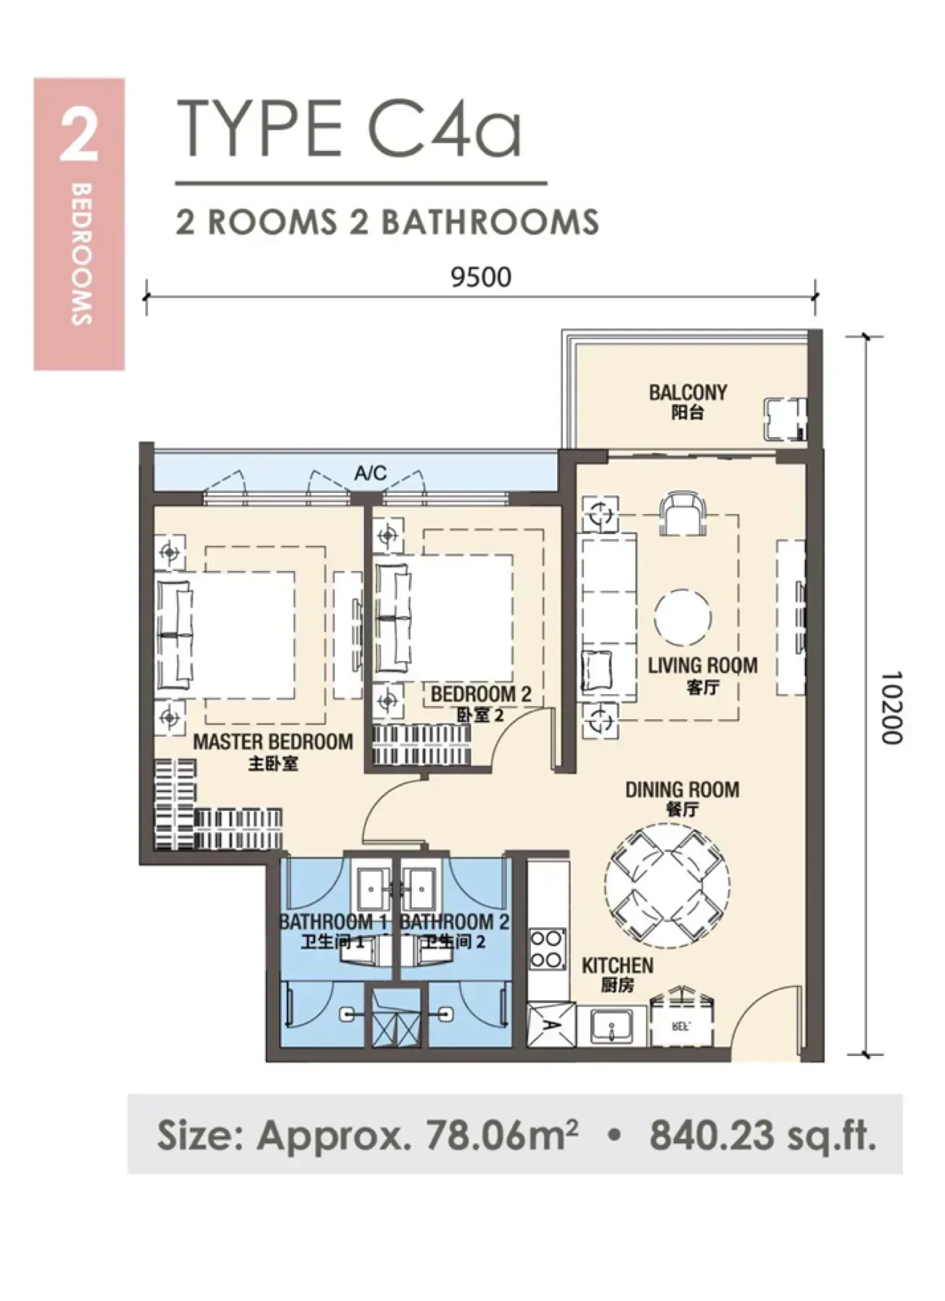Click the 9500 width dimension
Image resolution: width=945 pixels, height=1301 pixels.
pyautogui.click(x=480, y=277)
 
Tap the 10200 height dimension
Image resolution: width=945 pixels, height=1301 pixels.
pyautogui.click(x=892, y=708)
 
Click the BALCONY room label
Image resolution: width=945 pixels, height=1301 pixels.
pyautogui.click(x=688, y=392)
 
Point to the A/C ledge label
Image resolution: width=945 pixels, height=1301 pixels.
pyautogui.click(x=371, y=473)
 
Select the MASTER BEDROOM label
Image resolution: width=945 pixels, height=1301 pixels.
pyautogui.click(x=273, y=742)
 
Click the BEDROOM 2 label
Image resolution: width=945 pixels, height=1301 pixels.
pyautogui.click(x=480, y=695)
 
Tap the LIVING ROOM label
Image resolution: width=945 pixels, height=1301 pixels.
pyautogui.click(x=702, y=665)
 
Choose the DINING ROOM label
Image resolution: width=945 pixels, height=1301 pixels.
pyautogui.click(x=682, y=789)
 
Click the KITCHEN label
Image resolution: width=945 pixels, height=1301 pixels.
pyautogui.click(x=618, y=965)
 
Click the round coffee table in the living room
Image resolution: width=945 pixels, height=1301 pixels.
pyautogui.click(x=683, y=619)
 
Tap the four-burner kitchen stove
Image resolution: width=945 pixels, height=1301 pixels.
pyautogui.click(x=548, y=949)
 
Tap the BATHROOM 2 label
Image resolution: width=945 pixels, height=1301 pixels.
pyautogui.click(x=454, y=922)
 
